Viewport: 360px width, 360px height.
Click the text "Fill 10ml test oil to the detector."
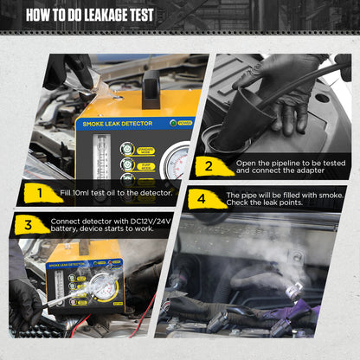coord(113,191)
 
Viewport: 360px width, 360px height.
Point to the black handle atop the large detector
coord(151,89)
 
